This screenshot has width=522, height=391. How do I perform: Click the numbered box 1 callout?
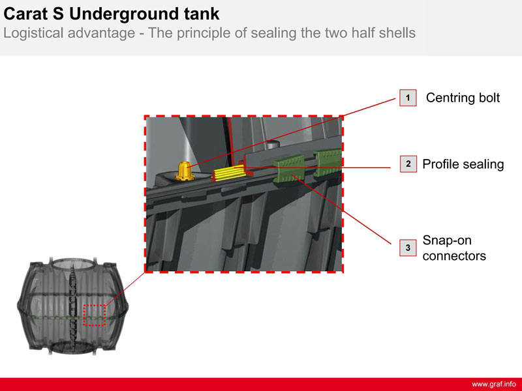408,98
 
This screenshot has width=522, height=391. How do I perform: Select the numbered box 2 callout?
408,164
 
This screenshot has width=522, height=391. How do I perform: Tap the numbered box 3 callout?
408,248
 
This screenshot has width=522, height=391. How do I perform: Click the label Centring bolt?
463,98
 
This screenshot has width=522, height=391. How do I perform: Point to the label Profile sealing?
463,164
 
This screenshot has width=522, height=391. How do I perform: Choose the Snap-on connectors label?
454,248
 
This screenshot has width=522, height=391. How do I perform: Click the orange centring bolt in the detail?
185,171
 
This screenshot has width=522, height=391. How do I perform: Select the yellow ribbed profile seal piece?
229,173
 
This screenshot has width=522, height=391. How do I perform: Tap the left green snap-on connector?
289,169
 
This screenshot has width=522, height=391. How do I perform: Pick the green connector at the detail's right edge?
328,162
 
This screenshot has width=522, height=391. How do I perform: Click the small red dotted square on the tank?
95,315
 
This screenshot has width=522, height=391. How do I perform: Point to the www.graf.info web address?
494,384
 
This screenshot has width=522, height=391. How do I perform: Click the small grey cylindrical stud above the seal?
273,144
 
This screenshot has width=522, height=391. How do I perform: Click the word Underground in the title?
123,14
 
